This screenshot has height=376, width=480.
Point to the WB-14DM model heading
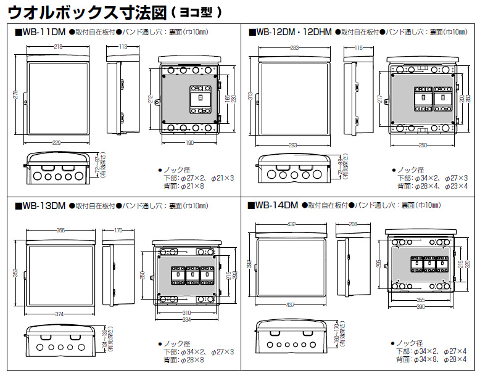[x=276, y=205]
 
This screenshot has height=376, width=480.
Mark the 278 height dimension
[x=15, y=94]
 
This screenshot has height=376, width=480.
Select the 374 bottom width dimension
[x=60, y=314]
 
